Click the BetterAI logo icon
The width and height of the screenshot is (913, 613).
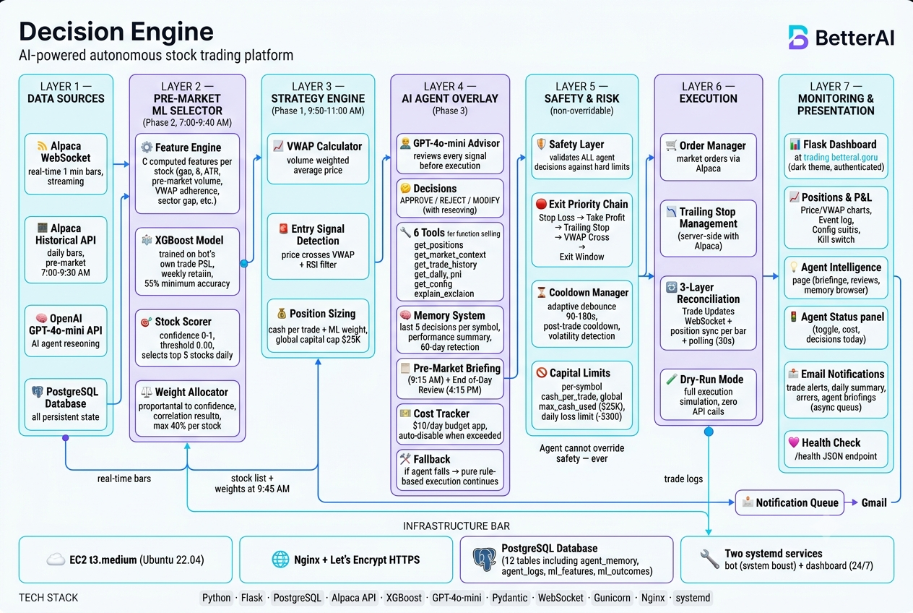(798, 38)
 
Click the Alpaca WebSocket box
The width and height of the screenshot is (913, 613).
(66, 164)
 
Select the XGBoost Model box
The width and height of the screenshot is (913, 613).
(188, 262)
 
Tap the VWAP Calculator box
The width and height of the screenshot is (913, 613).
(318, 158)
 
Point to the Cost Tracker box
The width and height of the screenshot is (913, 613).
(450, 424)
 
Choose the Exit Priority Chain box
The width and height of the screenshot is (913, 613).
(581, 230)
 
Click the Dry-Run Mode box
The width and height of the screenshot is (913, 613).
(709, 395)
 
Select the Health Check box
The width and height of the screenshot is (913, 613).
(836, 449)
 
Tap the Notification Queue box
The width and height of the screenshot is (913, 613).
(789, 502)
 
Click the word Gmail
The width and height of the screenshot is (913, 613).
(874, 502)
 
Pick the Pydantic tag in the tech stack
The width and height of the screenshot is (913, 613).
(509, 598)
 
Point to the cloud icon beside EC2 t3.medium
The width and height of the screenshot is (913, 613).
(56, 560)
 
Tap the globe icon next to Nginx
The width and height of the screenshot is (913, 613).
(280, 560)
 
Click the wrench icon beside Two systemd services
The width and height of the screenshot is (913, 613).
(709, 559)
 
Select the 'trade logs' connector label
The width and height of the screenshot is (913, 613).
(683, 479)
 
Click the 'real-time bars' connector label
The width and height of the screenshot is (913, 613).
(124, 479)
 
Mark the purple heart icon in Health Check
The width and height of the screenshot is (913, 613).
(794, 442)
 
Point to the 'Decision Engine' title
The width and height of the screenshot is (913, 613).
(116, 31)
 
